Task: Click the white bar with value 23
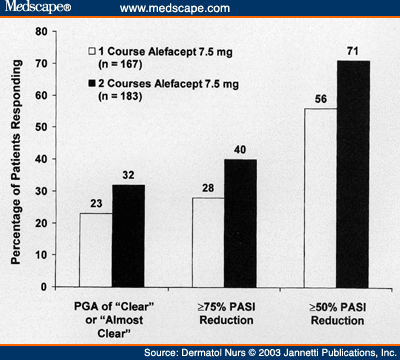coord(95,249)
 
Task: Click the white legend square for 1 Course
coord(90,46)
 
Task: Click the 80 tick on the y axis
coord(47,32)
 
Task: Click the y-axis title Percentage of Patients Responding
coord(17,160)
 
